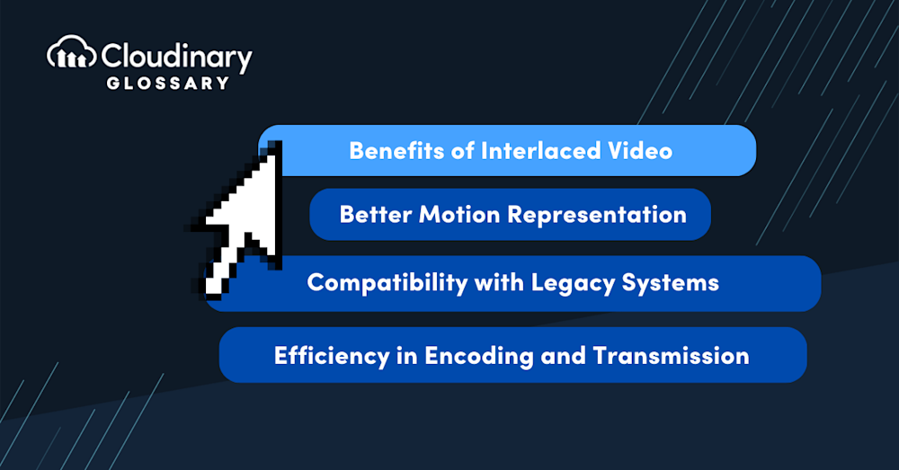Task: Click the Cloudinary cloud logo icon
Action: [x=71, y=53]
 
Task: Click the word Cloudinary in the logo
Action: [x=176, y=57]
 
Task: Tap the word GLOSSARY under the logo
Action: [x=167, y=83]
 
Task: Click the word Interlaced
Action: [x=540, y=151]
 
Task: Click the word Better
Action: [x=376, y=215]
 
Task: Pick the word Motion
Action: [x=459, y=215]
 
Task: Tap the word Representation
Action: [x=597, y=216]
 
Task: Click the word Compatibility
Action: [x=387, y=283]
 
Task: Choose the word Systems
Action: [x=671, y=283]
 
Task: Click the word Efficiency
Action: [x=332, y=357]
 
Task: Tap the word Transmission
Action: [x=671, y=356]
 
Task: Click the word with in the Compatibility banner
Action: [x=499, y=282]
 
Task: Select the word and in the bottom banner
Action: [x=563, y=356]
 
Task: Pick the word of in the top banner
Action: [x=463, y=151]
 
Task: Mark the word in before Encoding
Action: [x=407, y=356]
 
